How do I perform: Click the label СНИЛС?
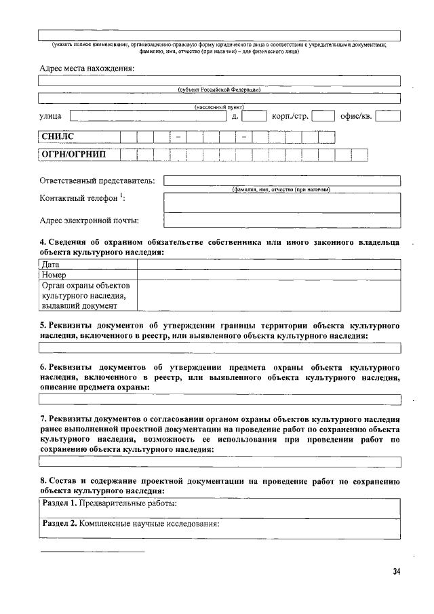tap(58, 137)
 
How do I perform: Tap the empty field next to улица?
tap(147, 116)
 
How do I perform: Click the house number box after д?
tap(254, 116)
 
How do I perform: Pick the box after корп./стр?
tap(323, 116)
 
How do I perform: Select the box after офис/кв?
tap(388, 116)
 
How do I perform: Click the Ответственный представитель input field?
tap(282, 180)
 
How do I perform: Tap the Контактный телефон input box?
tap(282, 202)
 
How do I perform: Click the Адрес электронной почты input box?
tap(282, 220)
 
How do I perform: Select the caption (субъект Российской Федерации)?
tap(219, 90)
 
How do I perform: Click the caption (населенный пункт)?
tap(219, 107)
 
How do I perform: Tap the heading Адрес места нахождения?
tap(87, 68)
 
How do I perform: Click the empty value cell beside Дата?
tap(269, 265)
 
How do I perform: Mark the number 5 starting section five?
tap(42, 325)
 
